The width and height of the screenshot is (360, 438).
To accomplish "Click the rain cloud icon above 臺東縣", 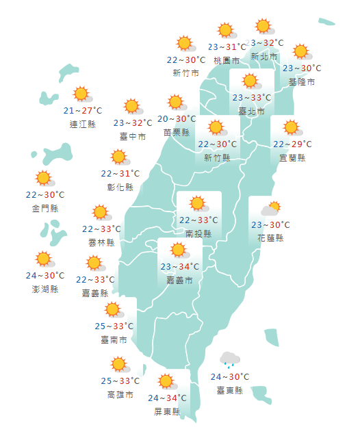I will tap(230, 359).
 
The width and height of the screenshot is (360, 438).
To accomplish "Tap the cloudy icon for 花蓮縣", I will tap(270, 209).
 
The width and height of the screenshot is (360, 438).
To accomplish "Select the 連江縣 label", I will tap(83, 124).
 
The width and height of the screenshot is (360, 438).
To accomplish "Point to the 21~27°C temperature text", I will tap(83, 111).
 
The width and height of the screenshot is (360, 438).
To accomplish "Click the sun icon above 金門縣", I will tap(44, 179).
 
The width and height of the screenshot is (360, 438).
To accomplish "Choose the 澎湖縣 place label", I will tap(45, 289).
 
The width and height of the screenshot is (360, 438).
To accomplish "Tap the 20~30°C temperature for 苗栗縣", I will tap(177, 119).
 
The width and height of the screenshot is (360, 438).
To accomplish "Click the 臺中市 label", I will tap(133, 136).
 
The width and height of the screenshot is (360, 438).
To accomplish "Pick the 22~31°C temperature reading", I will tap(120, 174).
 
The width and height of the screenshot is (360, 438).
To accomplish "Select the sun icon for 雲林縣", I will tap(101, 213).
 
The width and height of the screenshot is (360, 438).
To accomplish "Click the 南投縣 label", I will tap(198, 233).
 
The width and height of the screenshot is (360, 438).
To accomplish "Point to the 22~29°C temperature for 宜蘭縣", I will tap(292, 144).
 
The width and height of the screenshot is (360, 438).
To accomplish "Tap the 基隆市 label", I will tap(302, 81).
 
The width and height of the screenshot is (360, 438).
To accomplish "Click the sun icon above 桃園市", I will tap(226, 31).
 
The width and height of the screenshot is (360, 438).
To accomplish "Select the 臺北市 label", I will tap(251, 110).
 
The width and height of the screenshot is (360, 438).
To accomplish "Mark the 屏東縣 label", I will tap(167, 411).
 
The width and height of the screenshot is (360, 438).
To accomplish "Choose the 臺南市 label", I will tap(114, 339).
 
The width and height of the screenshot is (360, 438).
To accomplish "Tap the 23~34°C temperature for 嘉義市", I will tap(179, 267).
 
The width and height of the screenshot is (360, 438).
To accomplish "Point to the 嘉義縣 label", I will tap(95, 293).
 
